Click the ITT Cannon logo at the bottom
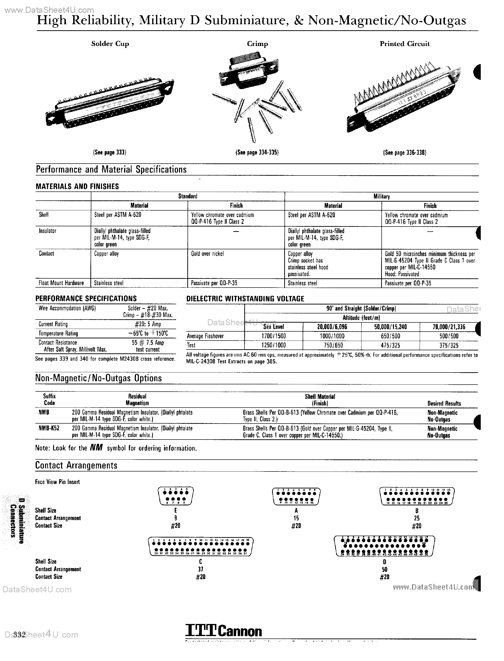[223, 631]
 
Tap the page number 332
[19, 635]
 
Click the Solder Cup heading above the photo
[110, 44]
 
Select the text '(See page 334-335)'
[257, 152]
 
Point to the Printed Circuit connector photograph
[404, 99]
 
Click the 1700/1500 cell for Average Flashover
[274, 336]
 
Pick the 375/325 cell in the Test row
[449, 345]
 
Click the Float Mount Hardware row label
[61, 283]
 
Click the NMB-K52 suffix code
[49, 428]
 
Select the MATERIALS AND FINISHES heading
[77, 186]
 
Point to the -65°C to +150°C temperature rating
[148, 333]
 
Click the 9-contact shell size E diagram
[175, 496]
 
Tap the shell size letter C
[200, 562]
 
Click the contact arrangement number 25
[417, 518]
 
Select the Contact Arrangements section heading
[76, 465]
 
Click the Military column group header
[381, 197]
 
